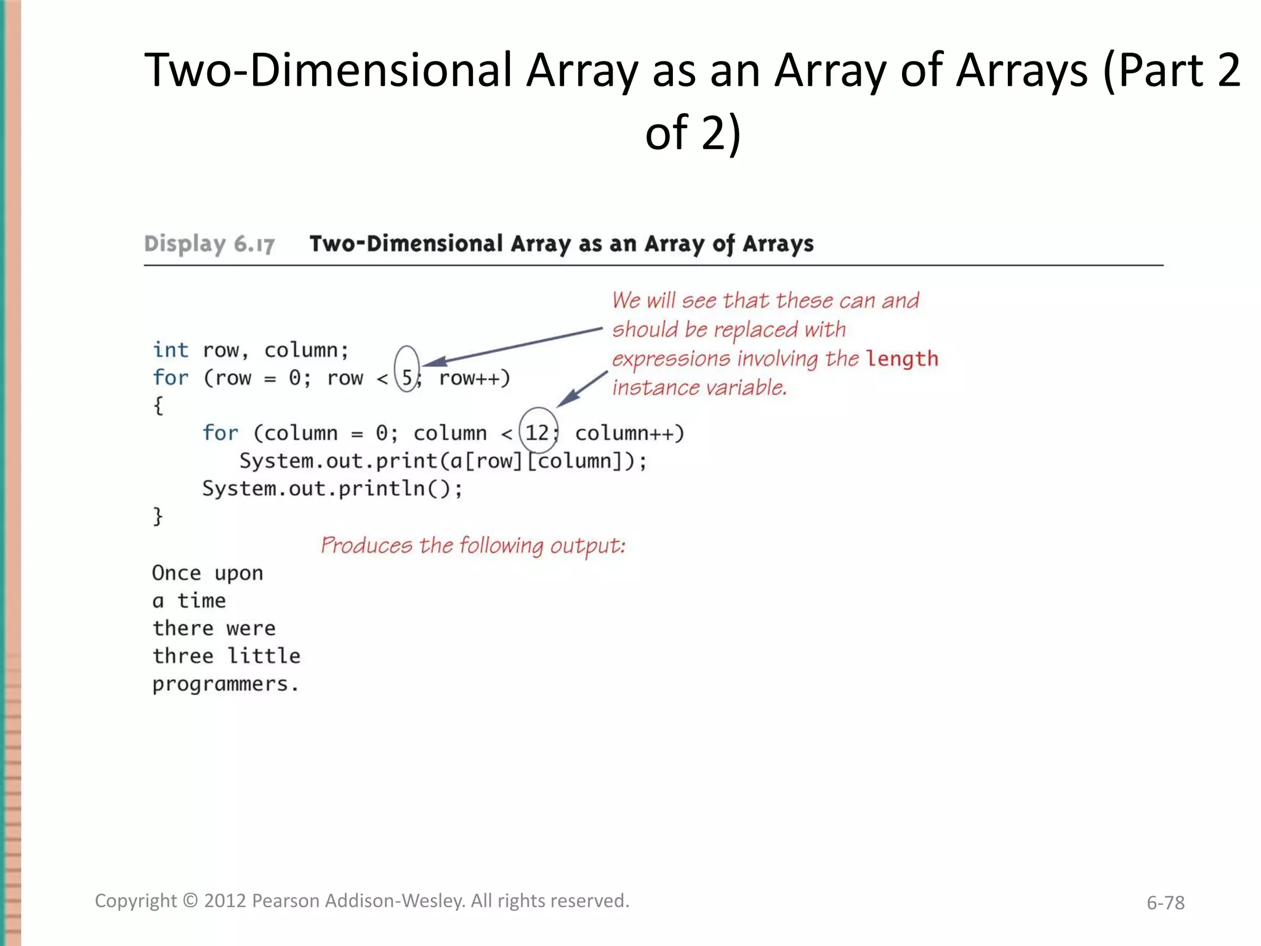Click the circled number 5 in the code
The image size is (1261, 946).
pyautogui.click(x=406, y=378)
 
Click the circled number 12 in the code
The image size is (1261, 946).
pyautogui.click(x=537, y=433)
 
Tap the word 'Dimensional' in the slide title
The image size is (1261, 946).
pyautogui.click(x=381, y=70)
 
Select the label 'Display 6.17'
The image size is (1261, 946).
pyautogui.click(x=209, y=244)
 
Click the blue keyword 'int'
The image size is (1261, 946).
pyautogui.click(x=171, y=350)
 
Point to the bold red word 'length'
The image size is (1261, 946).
pyautogui.click(x=902, y=358)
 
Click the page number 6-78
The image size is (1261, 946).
pyautogui.click(x=1165, y=903)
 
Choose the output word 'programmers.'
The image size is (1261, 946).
pyautogui.click(x=225, y=684)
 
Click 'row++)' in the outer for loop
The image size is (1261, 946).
pyautogui.click(x=475, y=378)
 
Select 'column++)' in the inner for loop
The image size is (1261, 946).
pyautogui.click(x=629, y=434)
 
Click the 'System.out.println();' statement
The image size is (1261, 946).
pyautogui.click(x=332, y=489)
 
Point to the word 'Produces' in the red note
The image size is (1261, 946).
pyautogui.click(x=366, y=546)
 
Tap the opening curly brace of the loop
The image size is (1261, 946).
pyautogui.click(x=158, y=406)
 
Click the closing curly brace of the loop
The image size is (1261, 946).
pyautogui.click(x=158, y=516)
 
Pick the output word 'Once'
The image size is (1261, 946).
pyautogui.click(x=176, y=573)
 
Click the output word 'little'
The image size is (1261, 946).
pyautogui.click(x=264, y=657)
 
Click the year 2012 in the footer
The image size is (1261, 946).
pyautogui.click(x=225, y=901)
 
